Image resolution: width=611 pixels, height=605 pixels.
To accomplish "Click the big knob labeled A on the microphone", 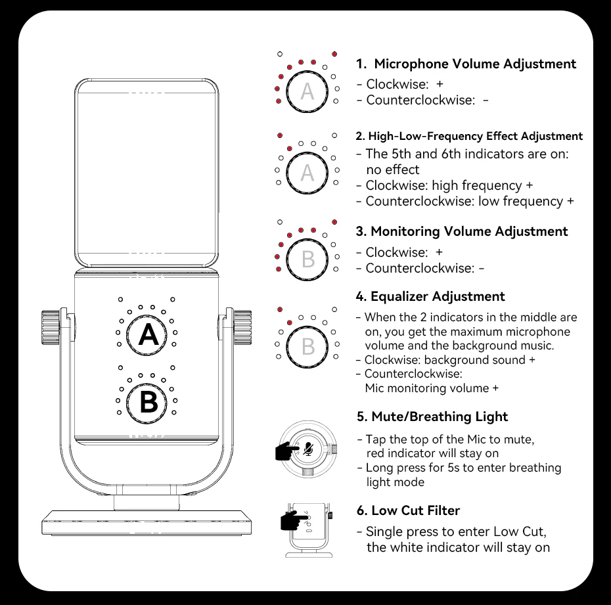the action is (x=148, y=335).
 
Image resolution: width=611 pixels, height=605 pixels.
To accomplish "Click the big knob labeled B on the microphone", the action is (x=148, y=401).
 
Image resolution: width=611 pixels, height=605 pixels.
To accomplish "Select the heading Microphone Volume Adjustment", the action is (x=466, y=64).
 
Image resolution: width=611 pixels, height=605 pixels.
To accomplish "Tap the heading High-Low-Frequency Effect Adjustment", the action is (x=469, y=136).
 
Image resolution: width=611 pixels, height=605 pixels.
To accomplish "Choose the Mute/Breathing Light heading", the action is (x=432, y=416).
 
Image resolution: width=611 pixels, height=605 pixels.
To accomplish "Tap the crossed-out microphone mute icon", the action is (x=308, y=449).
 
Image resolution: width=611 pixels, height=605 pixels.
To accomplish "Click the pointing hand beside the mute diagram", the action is (x=286, y=451).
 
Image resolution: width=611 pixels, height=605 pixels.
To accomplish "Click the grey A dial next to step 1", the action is (x=307, y=92).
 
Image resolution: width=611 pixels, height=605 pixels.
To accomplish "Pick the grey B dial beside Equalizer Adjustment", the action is (x=307, y=346).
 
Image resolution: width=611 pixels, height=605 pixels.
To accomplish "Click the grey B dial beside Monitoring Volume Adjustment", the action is (x=307, y=259).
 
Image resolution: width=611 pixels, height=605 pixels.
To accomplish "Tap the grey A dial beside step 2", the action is (x=307, y=173).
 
